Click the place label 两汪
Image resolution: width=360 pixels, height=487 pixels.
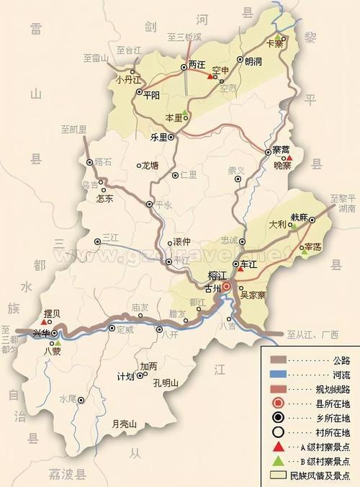click(x=197, y=64)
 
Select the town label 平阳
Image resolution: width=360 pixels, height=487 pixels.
click(x=153, y=94)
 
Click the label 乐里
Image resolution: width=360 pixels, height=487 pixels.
click(x=158, y=136)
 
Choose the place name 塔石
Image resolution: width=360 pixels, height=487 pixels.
click(x=104, y=162)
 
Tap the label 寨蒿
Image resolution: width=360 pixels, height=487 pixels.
click(x=281, y=150)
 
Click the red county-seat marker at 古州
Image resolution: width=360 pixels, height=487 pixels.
click(x=226, y=287)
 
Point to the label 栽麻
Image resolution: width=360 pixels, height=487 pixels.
click(x=300, y=217)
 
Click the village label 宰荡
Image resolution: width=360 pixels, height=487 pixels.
click(x=312, y=246)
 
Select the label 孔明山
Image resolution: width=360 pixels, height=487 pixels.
click(x=166, y=383)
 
